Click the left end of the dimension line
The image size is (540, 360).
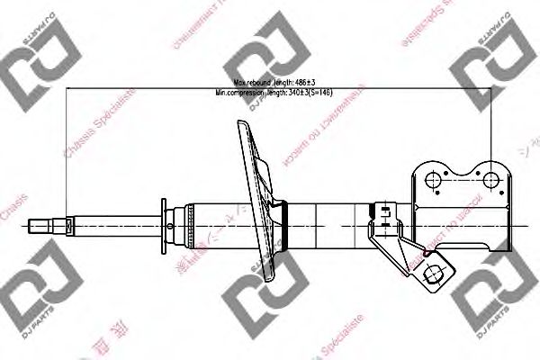pyautogui.click(x=68, y=87)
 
